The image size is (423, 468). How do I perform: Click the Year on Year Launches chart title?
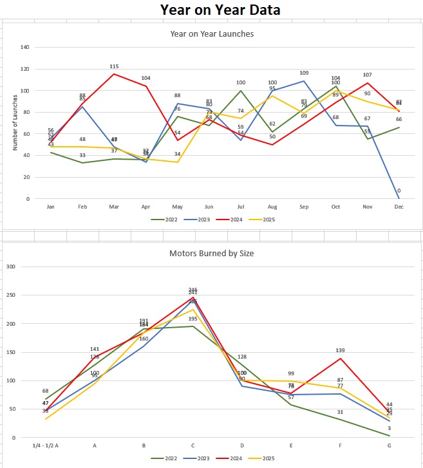[x=211, y=33]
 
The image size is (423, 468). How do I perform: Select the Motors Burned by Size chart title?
[x=211, y=253]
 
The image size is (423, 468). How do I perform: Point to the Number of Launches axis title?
[x=14, y=122]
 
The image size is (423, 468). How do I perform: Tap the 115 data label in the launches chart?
[x=115, y=66]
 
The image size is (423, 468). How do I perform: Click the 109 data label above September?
[x=304, y=73]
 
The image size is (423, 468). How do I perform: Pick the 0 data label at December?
[x=399, y=191]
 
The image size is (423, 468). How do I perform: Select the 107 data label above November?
[x=368, y=75]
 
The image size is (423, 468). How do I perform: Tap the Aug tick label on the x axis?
[x=272, y=207]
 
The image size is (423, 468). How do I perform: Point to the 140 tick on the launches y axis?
[x=25, y=47]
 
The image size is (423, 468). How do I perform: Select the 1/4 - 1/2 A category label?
[x=46, y=445]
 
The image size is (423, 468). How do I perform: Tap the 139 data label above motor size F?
[x=341, y=350]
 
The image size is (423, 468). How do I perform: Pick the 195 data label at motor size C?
[x=193, y=319]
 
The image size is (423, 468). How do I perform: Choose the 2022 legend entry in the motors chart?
[x=167, y=458]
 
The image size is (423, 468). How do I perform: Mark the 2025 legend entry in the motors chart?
[x=265, y=458]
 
